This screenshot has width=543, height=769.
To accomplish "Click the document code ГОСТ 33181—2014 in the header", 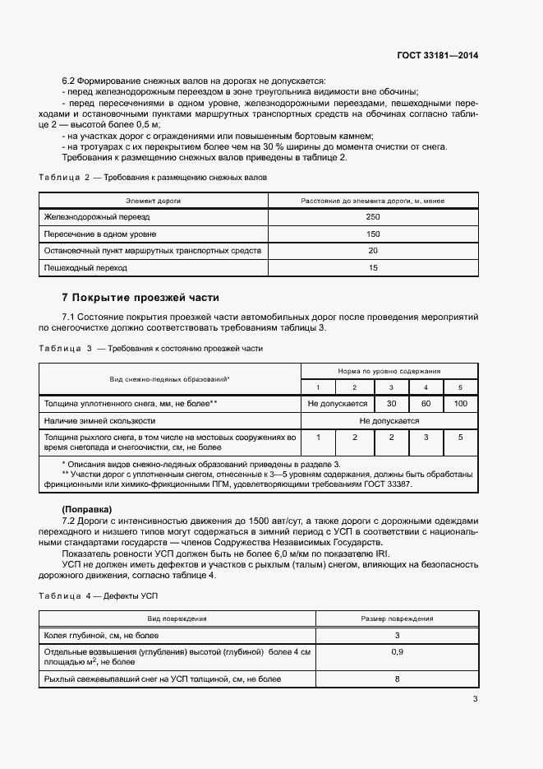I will pos(435,56).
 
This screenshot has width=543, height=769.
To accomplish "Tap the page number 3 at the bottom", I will pos(475,699).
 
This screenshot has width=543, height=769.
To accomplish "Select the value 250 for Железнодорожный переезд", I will pos(373,217).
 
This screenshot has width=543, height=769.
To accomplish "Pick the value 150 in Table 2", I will pos(373,234).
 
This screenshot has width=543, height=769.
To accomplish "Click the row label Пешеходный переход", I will pos(75,268).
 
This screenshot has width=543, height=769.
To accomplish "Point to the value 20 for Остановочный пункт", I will pos(373,251).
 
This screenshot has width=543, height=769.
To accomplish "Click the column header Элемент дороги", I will pos(153,200).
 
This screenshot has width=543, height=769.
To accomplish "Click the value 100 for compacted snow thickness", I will pos(460,404).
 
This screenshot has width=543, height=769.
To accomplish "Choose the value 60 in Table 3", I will pos(426,404).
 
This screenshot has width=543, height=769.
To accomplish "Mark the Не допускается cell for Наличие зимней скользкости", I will pos(389,420).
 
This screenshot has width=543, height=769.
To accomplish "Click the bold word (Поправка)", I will pos(87,510).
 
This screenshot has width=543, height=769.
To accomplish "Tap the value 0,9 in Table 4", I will pos(397,651).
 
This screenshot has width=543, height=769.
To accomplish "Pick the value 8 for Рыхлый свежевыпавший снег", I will pos(397,679).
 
